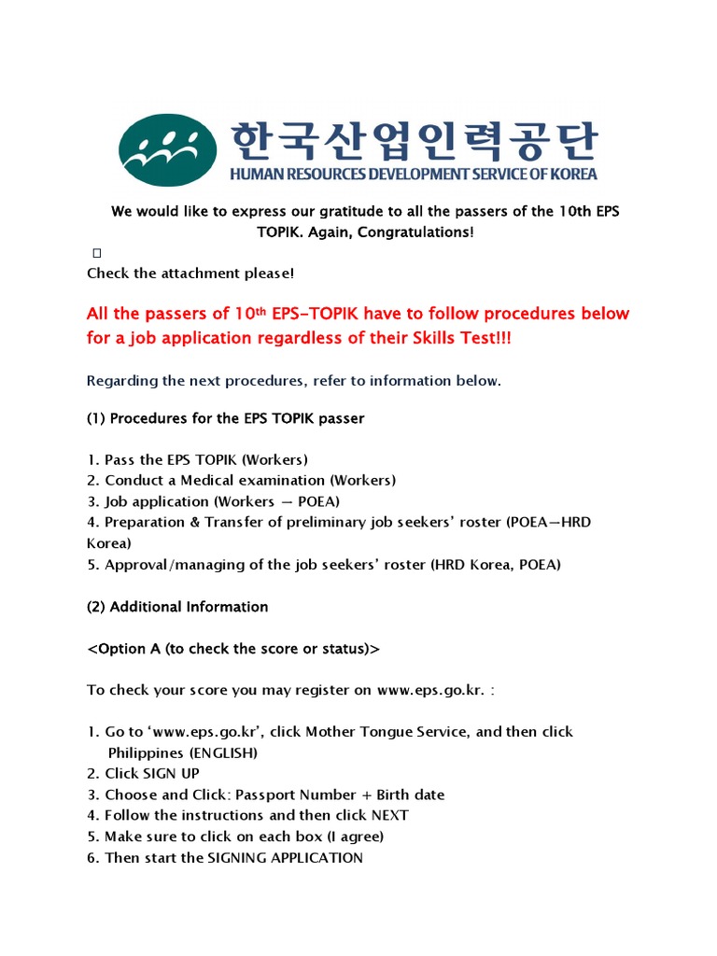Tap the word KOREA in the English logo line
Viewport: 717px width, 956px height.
pyautogui.click(x=572, y=174)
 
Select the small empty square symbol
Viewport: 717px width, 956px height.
pyautogui.click(x=96, y=253)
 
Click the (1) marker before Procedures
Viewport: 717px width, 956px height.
pyautogui.click(x=96, y=418)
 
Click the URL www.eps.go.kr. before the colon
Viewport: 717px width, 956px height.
pyautogui.click(x=431, y=691)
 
